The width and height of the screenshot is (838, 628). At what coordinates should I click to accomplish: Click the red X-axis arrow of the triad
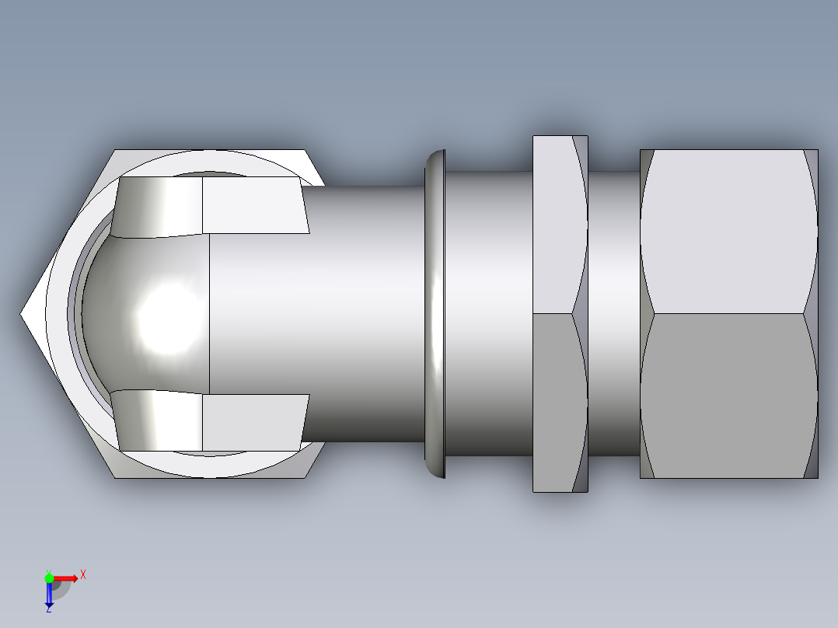65,577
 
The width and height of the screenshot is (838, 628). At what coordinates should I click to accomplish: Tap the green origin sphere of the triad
49,577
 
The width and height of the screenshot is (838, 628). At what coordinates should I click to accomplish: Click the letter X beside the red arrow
82,574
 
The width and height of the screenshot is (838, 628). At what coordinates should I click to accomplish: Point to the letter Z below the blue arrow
48,609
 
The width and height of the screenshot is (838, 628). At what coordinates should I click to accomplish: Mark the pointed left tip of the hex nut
23,314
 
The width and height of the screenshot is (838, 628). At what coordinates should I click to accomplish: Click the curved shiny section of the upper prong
159,207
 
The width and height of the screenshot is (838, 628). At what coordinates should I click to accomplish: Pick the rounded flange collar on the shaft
435,314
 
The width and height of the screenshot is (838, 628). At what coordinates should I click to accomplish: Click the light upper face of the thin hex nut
553,225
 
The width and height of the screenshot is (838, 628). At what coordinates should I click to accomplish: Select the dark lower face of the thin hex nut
553,400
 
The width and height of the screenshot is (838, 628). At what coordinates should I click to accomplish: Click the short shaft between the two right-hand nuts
614,314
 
